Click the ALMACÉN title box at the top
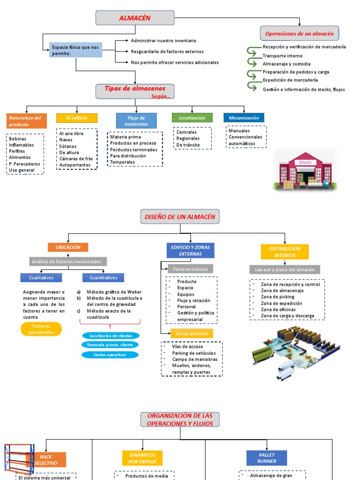(135, 18)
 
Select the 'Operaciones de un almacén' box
(299, 34)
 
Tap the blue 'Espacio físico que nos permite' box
(76, 50)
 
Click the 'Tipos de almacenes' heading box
(135, 91)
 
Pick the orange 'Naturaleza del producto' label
(27, 121)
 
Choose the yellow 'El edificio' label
(77, 118)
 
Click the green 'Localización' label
(192, 118)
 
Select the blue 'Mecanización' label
(244, 118)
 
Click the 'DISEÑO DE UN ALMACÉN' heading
(180, 217)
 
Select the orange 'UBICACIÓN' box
(68, 247)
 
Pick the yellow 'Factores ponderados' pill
(41, 329)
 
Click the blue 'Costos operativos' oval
(110, 354)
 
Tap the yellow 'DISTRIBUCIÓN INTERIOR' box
(285, 252)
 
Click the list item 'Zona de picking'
(277, 297)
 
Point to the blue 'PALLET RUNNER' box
(266, 458)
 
